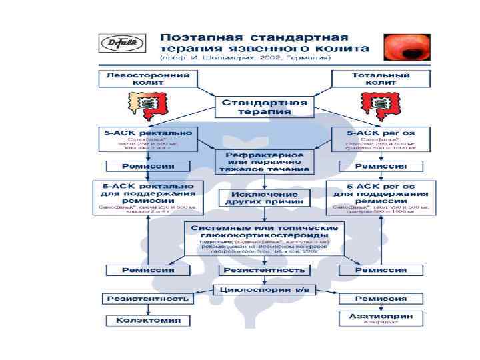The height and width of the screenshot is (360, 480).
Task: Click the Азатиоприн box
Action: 380,317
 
